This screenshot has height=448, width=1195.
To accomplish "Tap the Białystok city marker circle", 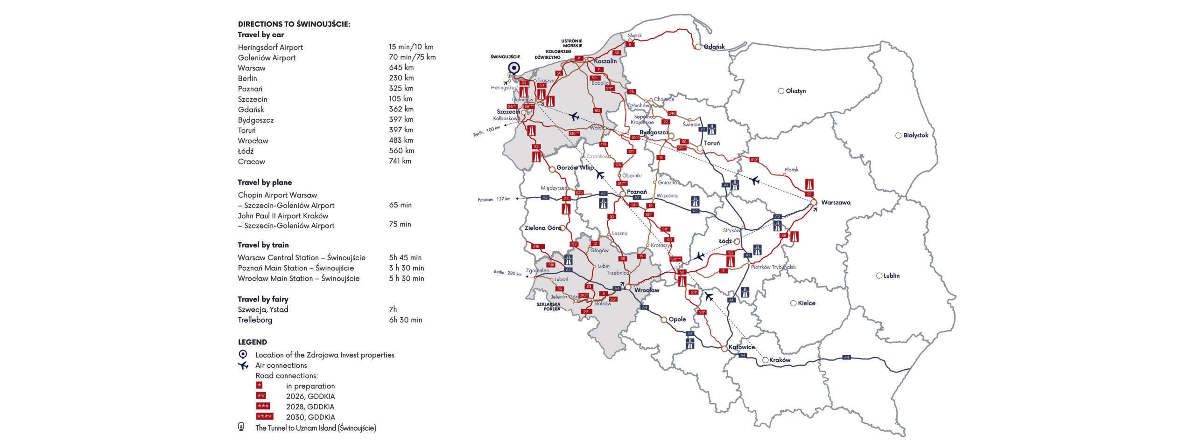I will point(898,136).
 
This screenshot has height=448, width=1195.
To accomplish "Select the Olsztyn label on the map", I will point(795,91).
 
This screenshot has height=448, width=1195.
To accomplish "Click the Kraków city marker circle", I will point(765,360).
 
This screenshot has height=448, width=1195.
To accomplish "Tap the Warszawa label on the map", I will point(836,203).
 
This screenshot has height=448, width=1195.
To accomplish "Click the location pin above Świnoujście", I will point(514,69).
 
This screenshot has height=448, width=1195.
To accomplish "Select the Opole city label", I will point(677,319).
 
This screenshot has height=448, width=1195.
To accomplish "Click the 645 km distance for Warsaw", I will point(401,68).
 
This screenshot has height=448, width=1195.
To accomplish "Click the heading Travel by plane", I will point(265,182).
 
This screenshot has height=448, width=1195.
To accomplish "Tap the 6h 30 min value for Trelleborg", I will point(405,320).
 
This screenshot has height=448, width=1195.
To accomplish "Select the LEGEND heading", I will point(252,342).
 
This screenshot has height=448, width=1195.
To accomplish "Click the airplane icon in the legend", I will point(243,365).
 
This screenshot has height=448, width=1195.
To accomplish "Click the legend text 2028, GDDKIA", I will point(310,407).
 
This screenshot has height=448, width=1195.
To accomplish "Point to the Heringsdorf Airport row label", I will point(270,47).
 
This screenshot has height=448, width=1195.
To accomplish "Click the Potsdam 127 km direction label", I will point(494,199).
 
